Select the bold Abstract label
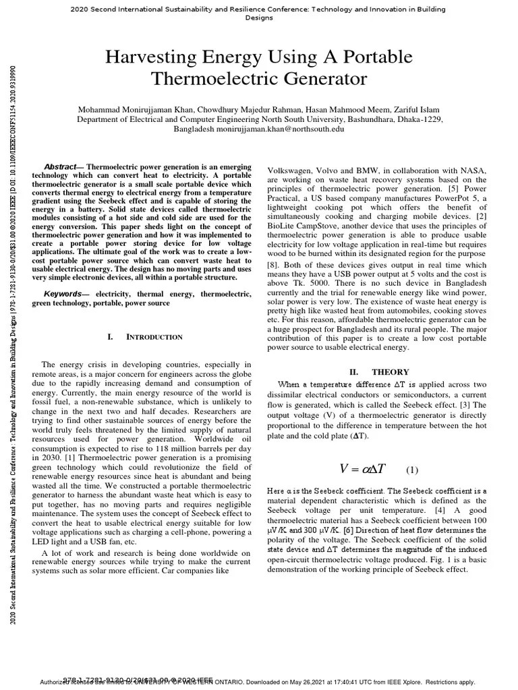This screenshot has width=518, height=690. (x=61, y=166)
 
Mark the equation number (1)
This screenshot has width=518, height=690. (x=412, y=470)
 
